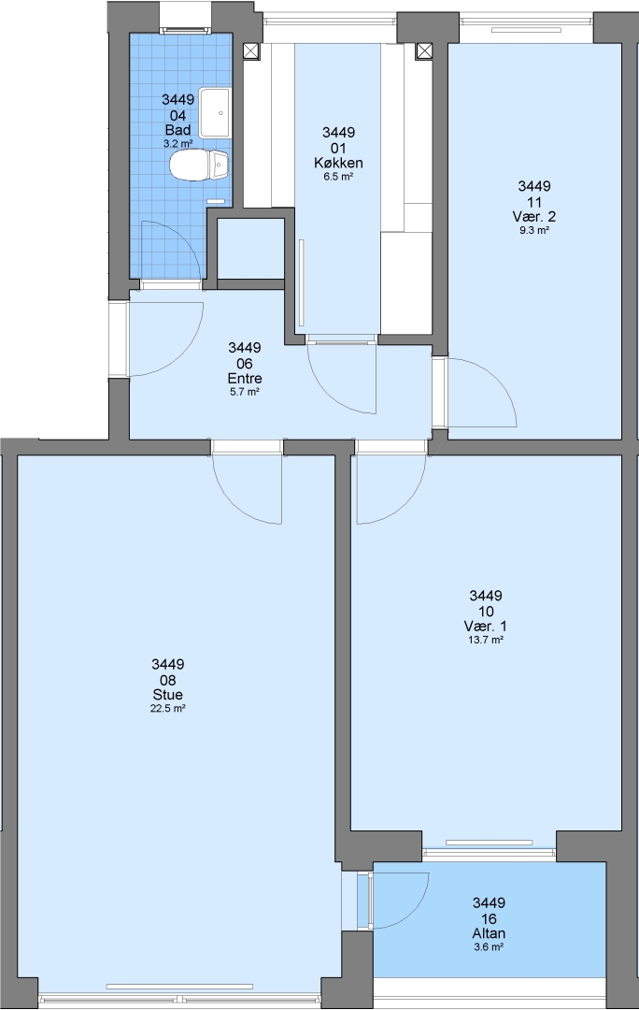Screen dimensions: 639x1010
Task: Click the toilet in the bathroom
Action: click(199, 166)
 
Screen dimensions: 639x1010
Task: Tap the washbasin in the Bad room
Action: click(215, 113)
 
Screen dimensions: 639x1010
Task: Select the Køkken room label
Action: click(338, 163)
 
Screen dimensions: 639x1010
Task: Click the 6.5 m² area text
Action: click(338, 177)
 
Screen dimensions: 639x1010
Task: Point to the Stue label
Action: click(168, 694)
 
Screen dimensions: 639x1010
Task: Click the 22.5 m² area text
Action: click(168, 709)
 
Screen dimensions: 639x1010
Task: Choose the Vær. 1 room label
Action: click(486, 626)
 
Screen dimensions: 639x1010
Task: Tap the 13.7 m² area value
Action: click(486, 641)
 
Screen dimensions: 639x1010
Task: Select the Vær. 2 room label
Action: click(534, 216)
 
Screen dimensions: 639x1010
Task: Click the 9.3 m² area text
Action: click(534, 231)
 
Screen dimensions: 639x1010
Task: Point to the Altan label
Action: click(489, 933)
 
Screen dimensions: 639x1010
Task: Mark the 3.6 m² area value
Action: click(489, 947)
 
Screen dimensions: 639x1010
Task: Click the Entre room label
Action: click(245, 378)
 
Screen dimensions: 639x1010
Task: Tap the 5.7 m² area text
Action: click(245, 392)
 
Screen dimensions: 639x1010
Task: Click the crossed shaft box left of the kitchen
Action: click(251, 50)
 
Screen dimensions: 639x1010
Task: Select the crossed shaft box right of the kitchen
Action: click(424, 50)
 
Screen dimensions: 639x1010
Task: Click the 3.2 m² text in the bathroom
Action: click(178, 144)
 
